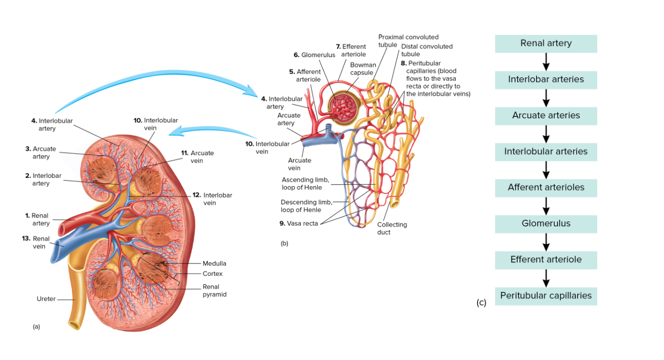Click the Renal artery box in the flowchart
point(546,43)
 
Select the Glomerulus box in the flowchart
point(546,224)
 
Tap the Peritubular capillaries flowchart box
point(546,296)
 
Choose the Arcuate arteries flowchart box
point(546,115)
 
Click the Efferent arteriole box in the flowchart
point(546,260)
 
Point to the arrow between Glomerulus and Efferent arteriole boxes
point(546,242)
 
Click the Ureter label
point(46,299)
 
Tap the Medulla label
point(214,263)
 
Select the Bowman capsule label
point(363,69)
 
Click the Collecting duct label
point(392,228)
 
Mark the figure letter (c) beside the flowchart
point(481,303)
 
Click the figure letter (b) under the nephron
point(284,244)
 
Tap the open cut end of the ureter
point(75,326)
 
